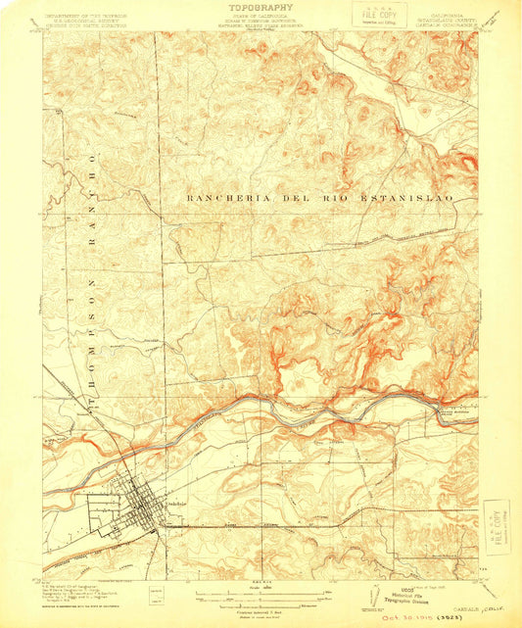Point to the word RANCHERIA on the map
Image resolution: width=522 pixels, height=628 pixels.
(x=226, y=198)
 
